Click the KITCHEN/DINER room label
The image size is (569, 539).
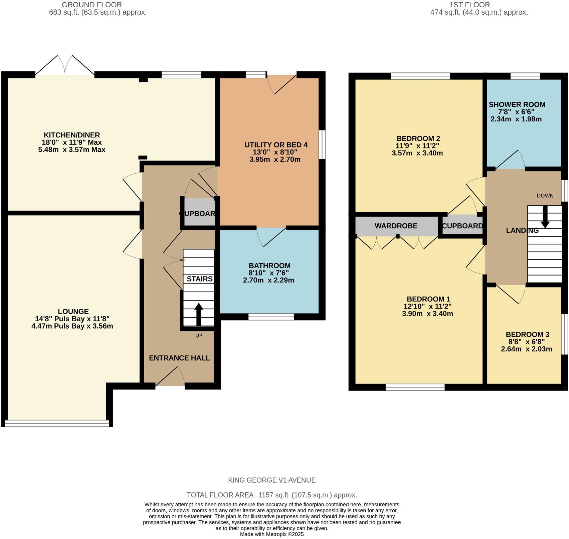click(72, 135)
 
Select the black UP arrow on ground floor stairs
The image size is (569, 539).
click(199, 314)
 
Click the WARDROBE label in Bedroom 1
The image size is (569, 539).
click(396, 226)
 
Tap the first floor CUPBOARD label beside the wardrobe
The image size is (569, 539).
click(462, 226)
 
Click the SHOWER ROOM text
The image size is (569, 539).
click(517, 105)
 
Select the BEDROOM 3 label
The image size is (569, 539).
click(527, 335)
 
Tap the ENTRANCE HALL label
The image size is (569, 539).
click(179, 358)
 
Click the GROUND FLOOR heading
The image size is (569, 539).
click(92, 5)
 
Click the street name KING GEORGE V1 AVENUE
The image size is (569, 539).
click(272, 480)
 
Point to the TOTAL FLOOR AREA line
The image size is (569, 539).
click(272, 495)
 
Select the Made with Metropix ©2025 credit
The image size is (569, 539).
click(272, 534)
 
